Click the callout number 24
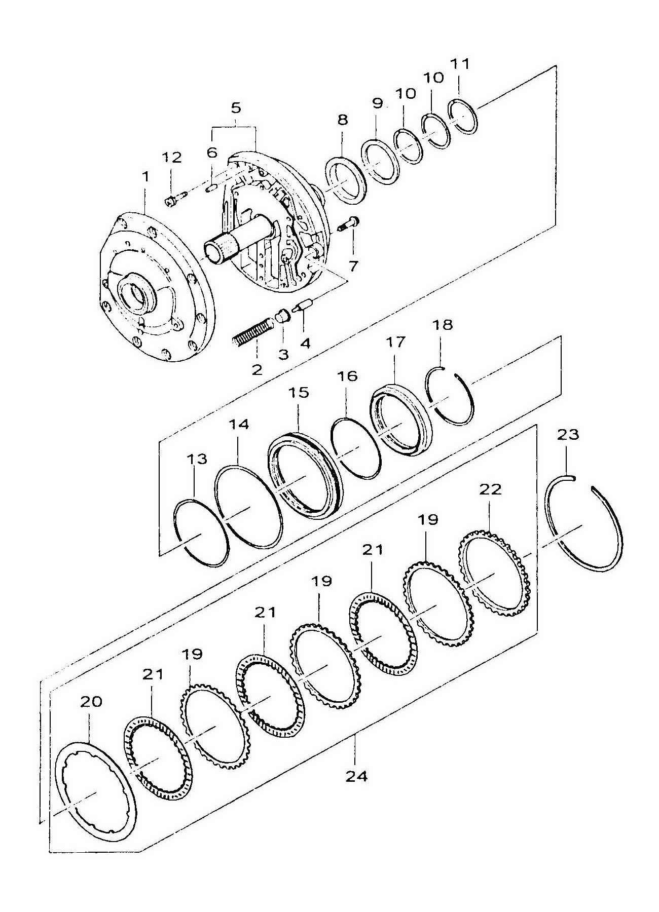357,776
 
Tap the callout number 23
567,434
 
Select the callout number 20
91,701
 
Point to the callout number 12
172,157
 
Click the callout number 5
236,107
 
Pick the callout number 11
460,64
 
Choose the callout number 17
395,341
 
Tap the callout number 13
197,459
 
